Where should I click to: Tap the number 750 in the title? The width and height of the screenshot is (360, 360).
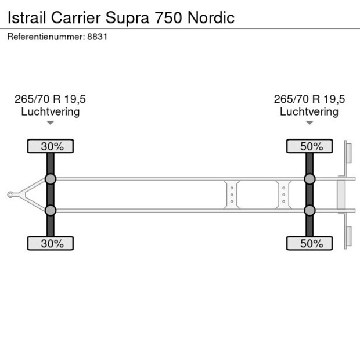click(168, 17)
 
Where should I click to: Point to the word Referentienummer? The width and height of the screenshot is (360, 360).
click(45, 37)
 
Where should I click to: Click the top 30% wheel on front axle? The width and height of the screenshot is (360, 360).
click(51, 146)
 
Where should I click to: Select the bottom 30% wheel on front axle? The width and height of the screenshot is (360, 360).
click(51, 243)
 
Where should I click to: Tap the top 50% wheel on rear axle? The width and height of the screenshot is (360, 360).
click(309, 146)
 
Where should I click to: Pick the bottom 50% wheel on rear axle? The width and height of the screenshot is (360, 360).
click(309, 243)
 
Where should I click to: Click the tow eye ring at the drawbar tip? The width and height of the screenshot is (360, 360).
click(10, 195)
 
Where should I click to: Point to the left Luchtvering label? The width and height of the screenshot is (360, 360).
click(51, 111)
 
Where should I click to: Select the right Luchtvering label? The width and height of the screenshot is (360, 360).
click(309, 111)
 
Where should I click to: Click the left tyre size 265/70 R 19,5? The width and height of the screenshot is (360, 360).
click(51, 99)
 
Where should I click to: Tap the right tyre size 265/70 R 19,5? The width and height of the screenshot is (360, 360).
click(309, 99)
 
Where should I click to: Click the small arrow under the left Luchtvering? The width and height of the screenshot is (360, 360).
click(51, 123)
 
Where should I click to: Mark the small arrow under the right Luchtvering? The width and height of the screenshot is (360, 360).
click(309, 123)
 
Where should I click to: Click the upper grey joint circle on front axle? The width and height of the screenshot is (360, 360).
click(51, 179)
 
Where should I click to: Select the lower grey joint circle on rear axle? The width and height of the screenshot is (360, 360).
click(309, 210)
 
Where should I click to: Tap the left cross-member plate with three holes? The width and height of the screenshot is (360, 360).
click(232, 195)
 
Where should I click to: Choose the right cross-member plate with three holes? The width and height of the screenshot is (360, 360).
click(283, 195)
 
